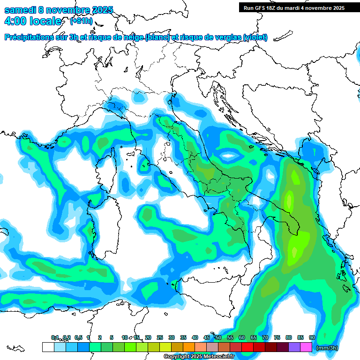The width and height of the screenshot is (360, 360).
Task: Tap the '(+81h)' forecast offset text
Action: tap(81, 21)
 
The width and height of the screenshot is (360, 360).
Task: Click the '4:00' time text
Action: tap(15, 21)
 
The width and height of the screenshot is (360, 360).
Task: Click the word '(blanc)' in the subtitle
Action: tap(157, 37)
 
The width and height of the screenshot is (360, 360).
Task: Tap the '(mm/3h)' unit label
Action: tap(327, 347)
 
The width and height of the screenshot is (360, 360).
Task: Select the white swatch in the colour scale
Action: tap(48, 347)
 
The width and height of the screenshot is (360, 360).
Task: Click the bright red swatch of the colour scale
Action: tap(247, 347)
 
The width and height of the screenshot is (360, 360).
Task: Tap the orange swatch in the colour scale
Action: tap(189, 347)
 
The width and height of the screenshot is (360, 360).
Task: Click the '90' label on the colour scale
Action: tap(312, 337)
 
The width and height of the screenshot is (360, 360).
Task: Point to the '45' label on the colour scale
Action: tap(207, 337)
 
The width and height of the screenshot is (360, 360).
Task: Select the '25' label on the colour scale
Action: tap(160, 337)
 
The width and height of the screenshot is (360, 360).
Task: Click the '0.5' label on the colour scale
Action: tap(78, 337)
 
